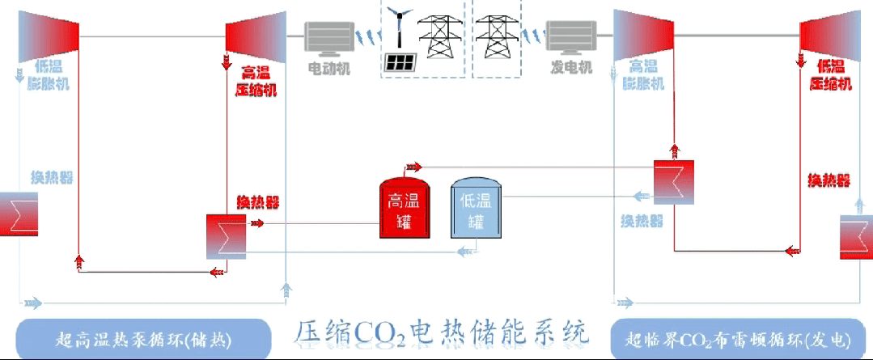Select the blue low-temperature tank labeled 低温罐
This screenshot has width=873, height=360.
[x=476, y=210]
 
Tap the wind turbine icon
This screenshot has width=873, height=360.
[x=399, y=28]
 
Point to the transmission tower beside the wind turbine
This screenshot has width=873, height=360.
[x=438, y=34]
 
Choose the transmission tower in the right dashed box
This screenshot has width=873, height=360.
[x=495, y=34]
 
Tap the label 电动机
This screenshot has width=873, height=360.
[x=329, y=69]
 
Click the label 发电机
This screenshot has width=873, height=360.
[x=572, y=69]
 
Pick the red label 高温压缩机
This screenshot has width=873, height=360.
[x=256, y=81]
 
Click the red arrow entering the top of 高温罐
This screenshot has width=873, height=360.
[x=413, y=167]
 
